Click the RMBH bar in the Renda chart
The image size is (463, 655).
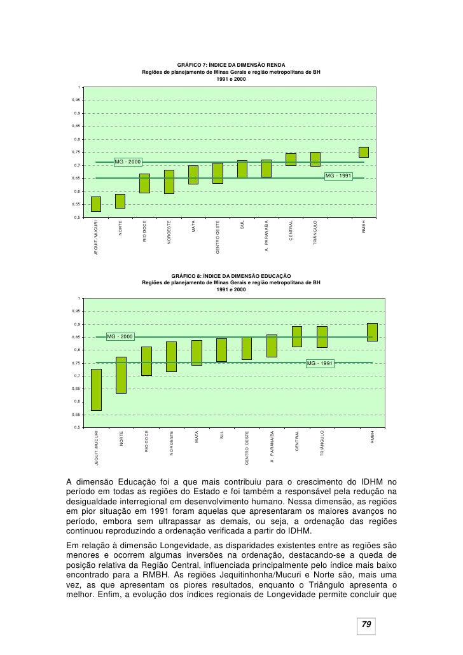[364, 152]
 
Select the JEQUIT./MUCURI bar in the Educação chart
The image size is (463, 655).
[96, 390]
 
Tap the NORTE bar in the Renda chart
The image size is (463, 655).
[120, 201]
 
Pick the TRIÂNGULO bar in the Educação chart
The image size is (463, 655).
[322, 337]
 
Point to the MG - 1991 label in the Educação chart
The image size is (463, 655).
[320, 363]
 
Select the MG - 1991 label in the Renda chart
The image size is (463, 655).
[338, 176]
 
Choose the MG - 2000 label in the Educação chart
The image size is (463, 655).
[120, 336]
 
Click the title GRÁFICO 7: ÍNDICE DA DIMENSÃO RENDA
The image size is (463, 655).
[231, 65]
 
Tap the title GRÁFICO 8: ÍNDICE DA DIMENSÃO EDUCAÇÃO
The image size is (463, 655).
[231, 275]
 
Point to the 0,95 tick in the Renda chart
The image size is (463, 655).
[76, 100]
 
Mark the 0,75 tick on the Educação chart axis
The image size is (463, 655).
[76, 363]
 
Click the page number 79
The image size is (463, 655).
[366, 625]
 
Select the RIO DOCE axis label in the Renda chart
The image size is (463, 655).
[145, 231]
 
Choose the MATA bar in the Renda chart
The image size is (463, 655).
[193, 175]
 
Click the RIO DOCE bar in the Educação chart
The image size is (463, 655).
[146, 361]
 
